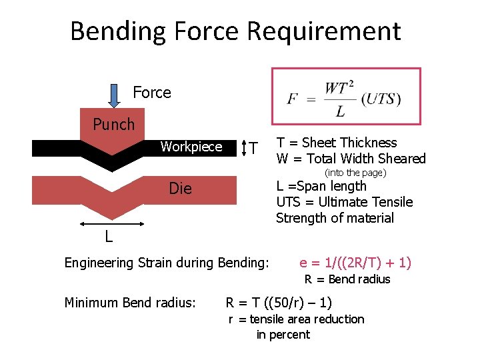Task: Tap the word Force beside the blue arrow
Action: pos(152,93)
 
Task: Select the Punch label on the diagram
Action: pos(113,125)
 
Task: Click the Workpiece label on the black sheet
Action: pos(191,147)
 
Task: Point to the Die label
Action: pos(180,189)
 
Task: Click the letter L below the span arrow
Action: pos(107,237)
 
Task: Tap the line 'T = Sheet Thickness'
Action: pos(337,143)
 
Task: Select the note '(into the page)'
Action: pos(355,173)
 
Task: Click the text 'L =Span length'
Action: pos(321,186)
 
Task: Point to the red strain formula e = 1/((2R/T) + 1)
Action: pos(355,263)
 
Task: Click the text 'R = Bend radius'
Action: pos(347,279)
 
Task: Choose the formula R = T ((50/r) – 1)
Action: pos(279,302)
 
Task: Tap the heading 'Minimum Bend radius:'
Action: pos(130,303)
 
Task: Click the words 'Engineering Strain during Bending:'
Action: pos(166,263)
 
